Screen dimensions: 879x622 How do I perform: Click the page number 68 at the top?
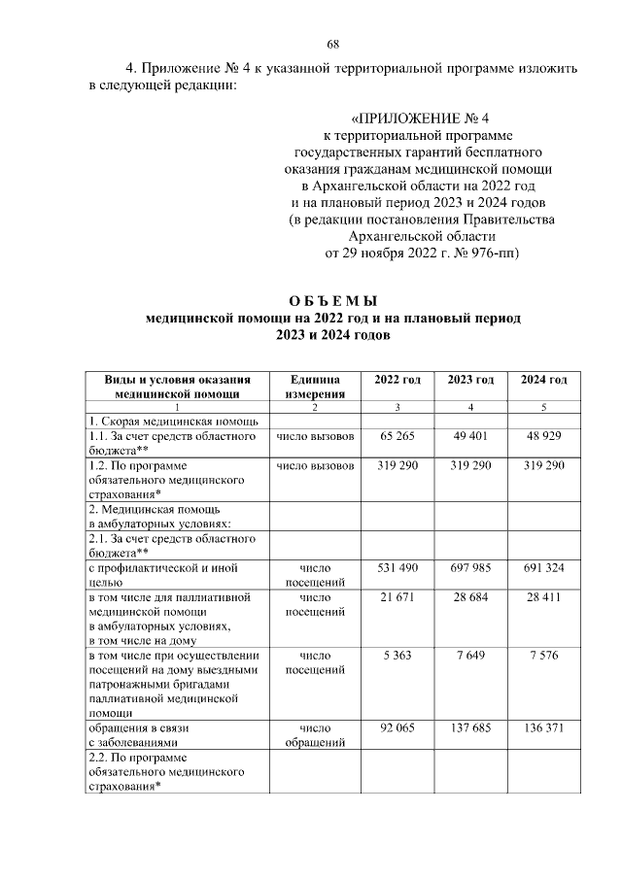(331, 45)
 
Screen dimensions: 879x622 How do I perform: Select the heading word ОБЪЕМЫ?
(332, 300)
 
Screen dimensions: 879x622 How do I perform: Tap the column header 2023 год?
(470, 379)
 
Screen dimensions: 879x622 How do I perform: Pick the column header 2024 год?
(543, 379)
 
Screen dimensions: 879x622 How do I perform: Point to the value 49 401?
(470, 436)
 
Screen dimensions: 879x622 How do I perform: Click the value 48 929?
(543, 436)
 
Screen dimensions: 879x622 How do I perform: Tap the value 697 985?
(470, 567)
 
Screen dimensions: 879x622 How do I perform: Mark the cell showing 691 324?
(543, 567)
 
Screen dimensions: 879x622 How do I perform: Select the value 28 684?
(470, 596)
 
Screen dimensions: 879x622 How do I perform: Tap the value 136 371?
(543, 727)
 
